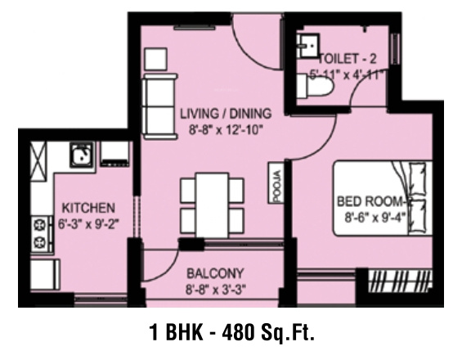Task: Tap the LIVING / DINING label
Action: pyautogui.click(x=225, y=114)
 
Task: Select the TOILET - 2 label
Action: pyautogui.click(x=348, y=59)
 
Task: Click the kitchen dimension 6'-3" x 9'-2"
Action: pyautogui.click(x=84, y=222)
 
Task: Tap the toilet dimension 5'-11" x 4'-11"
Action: pyautogui.click(x=347, y=74)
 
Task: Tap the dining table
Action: pyautogui.click(x=212, y=202)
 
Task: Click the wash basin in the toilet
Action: pyautogui.click(x=309, y=47)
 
